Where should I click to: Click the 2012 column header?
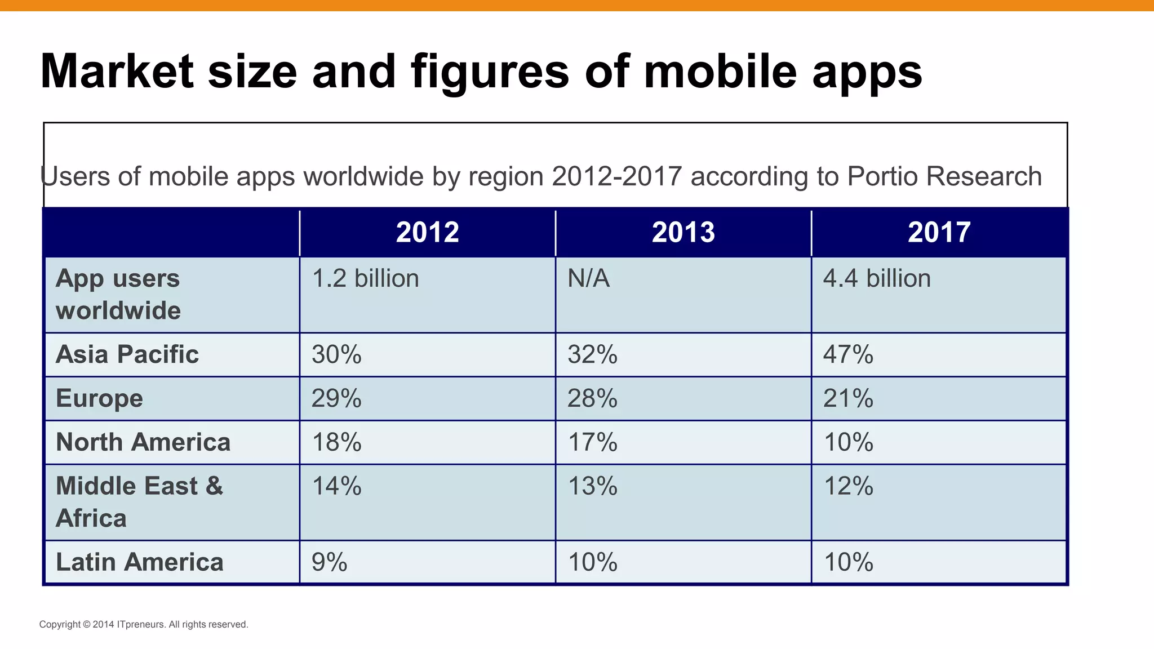(427, 232)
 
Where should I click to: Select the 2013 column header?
(683, 232)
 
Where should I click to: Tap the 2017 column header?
(939, 232)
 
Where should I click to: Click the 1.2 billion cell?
(365, 279)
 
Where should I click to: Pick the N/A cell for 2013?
(588, 279)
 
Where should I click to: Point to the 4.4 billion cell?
(877, 279)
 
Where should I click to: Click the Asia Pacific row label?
(127, 354)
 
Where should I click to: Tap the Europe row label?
(99, 398)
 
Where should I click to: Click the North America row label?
(143, 442)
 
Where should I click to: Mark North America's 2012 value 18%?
(336, 442)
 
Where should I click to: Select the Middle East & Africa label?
(139, 501)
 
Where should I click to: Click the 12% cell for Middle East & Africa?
(848, 486)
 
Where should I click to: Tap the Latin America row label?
(140, 562)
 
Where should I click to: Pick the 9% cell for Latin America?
(329, 562)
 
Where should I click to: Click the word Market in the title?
(117, 72)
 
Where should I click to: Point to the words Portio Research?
(944, 176)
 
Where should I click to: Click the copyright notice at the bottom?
(144, 624)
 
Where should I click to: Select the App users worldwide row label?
(118, 294)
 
